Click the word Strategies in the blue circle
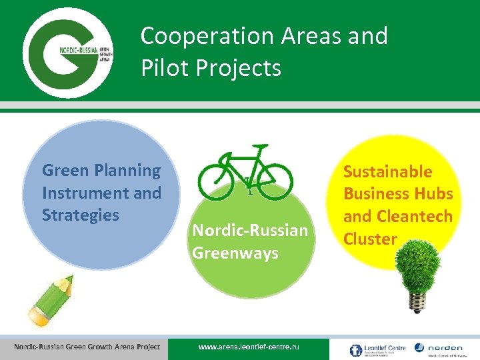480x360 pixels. [x=80, y=215]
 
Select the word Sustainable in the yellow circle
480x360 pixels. [x=387, y=172]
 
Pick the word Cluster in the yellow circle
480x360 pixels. [x=370, y=239]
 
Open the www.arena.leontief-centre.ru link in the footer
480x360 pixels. [x=249, y=347]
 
